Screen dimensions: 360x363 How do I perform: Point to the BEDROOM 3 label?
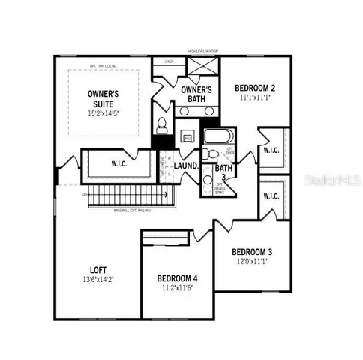coord(252,251)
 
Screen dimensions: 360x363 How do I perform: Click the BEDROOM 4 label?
coord(177,277)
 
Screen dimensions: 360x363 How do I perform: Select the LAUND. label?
coord(186,166)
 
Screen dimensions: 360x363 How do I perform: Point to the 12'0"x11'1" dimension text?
coord(252,261)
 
